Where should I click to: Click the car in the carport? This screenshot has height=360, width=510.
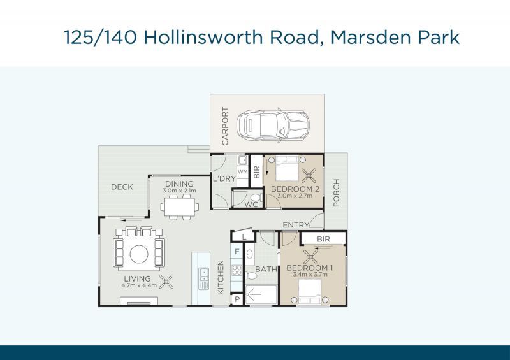click(273, 126)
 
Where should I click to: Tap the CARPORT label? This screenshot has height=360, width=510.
click(225, 126)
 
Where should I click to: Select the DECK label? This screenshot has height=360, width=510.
click(122, 187)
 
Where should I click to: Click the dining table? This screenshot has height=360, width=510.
click(180, 206)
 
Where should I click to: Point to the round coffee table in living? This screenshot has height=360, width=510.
click(139, 254)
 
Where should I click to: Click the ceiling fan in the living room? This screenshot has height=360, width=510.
click(166, 282)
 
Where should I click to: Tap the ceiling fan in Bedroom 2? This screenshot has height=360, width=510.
click(309, 176)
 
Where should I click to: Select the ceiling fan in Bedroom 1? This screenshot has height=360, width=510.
click(311, 257)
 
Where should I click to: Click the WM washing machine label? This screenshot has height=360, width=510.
click(243, 171)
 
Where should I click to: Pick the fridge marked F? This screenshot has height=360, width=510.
click(237, 252)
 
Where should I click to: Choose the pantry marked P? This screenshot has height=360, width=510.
click(237, 299)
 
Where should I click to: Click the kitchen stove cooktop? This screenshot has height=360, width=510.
click(237, 270)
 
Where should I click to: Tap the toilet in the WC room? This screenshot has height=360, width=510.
click(257, 198)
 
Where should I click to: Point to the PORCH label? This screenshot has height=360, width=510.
click(337, 192)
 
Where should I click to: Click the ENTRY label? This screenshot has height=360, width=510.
click(296, 225)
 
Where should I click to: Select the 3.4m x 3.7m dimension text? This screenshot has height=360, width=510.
click(310, 274)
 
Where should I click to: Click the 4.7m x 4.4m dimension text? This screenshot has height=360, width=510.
click(139, 285)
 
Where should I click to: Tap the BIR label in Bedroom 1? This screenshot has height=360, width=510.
click(323, 239)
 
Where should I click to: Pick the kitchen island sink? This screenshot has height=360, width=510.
click(204, 273)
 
